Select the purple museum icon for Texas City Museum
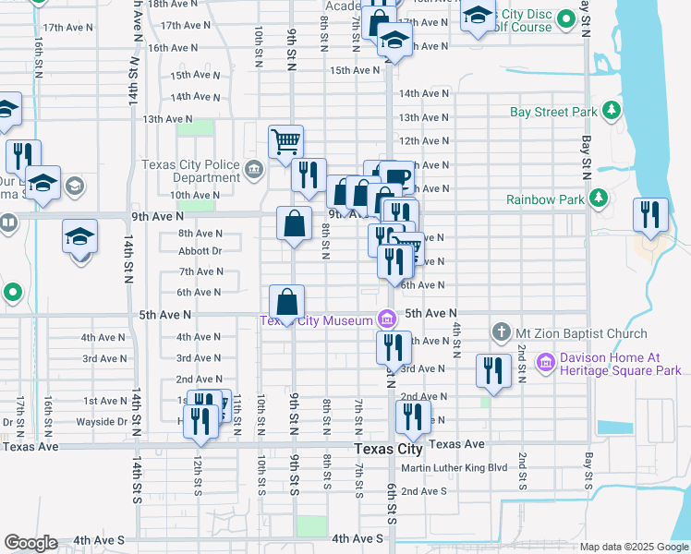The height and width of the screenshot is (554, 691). (x=387, y=320)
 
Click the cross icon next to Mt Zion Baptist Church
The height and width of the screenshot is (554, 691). (x=501, y=331)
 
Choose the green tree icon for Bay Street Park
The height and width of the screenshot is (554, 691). (x=611, y=112)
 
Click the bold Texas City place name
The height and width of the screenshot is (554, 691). (x=389, y=450)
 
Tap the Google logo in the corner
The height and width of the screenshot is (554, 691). (x=30, y=543)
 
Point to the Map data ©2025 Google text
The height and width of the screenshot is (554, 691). (x=633, y=547)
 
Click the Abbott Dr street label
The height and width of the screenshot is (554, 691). (x=200, y=250)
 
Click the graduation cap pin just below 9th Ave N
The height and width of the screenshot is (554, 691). (x=80, y=237)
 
